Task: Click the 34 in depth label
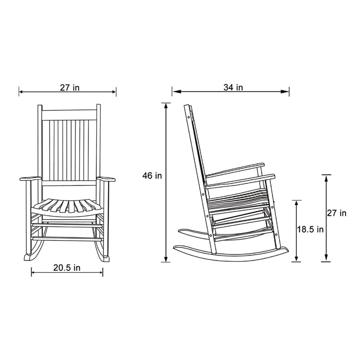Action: [x=233, y=87]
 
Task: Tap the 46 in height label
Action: [x=152, y=175]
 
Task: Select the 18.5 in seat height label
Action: [x=310, y=229]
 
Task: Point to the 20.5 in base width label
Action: [x=67, y=267]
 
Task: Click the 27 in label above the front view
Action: [x=70, y=87]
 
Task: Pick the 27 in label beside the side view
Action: [x=337, y=213]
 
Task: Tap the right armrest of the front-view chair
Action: [x=106, y=180]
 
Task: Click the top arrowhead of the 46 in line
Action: [x=166, y=105]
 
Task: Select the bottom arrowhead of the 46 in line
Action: [x=166, y=260]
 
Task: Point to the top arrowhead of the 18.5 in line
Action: [x=297, y=202]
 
